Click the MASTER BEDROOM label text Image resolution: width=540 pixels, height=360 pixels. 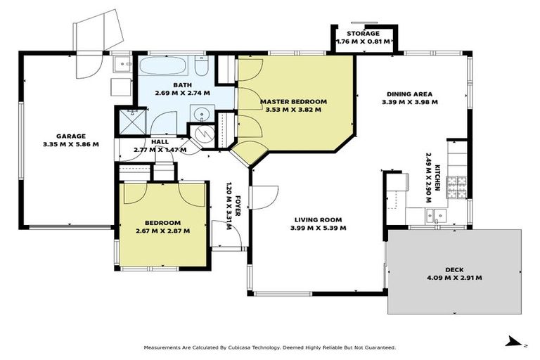[290, 101]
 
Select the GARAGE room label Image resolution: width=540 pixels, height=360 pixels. [71, 136]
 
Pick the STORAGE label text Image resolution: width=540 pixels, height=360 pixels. [363, 34]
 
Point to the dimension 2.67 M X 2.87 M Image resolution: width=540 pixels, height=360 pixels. [162, 230]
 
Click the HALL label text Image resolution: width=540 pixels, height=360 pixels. [160, 141]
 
